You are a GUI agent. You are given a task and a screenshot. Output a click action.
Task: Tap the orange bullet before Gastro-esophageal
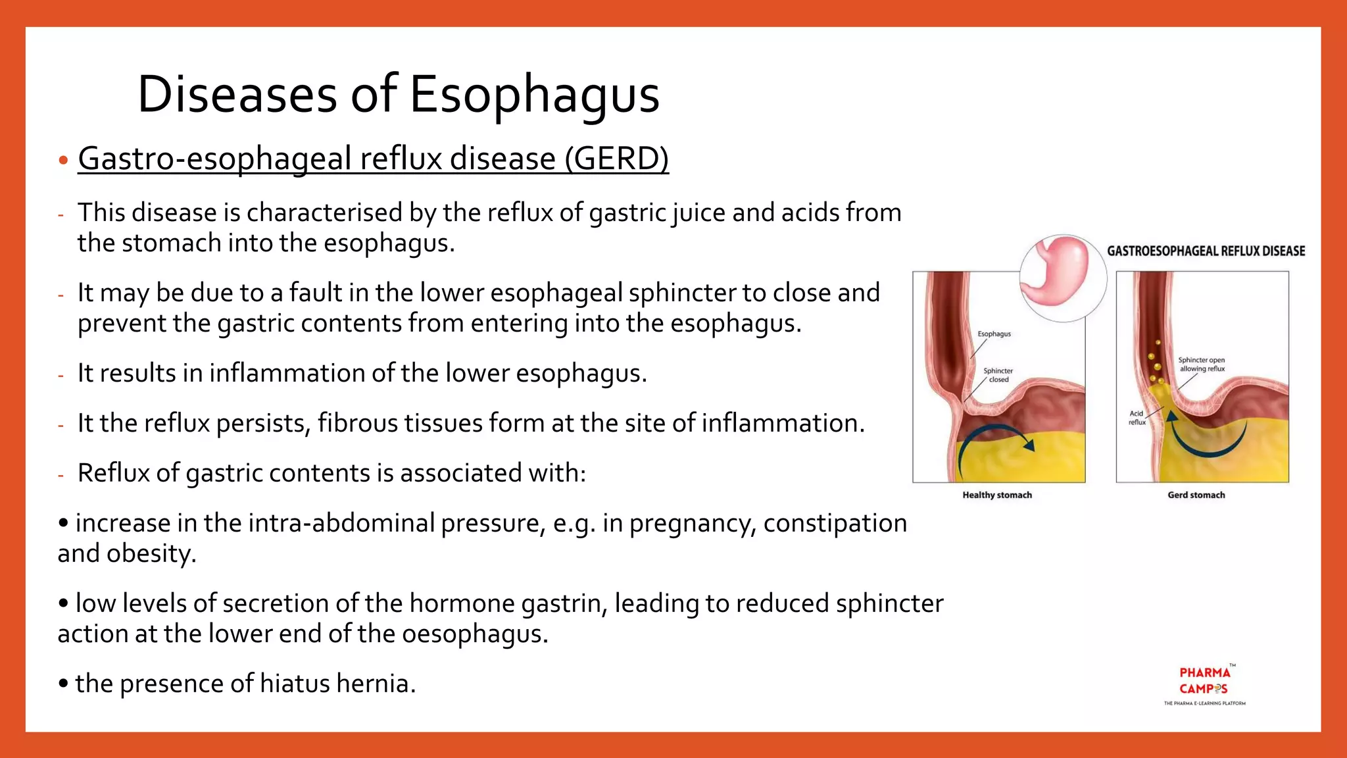pos(63,160)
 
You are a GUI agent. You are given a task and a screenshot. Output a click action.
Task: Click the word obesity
pos(151,553)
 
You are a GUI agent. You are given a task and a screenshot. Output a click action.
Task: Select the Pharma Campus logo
pos(1204,685)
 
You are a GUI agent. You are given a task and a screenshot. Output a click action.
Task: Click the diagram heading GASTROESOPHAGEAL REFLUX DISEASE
pos(1206,251)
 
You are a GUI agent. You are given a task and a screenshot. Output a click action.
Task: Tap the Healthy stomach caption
pos(996,495)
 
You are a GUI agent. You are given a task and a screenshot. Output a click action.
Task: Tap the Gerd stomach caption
pos(1196,495)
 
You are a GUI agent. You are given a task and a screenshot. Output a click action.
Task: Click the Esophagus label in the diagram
pos(994,334)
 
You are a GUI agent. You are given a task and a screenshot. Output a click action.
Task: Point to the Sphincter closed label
pos(998,375)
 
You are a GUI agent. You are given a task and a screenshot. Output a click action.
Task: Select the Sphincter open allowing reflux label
pos(1201,365)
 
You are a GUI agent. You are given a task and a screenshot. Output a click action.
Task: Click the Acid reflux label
pos(1137,418)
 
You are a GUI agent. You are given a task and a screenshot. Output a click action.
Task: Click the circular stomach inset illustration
pos(1062,278)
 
